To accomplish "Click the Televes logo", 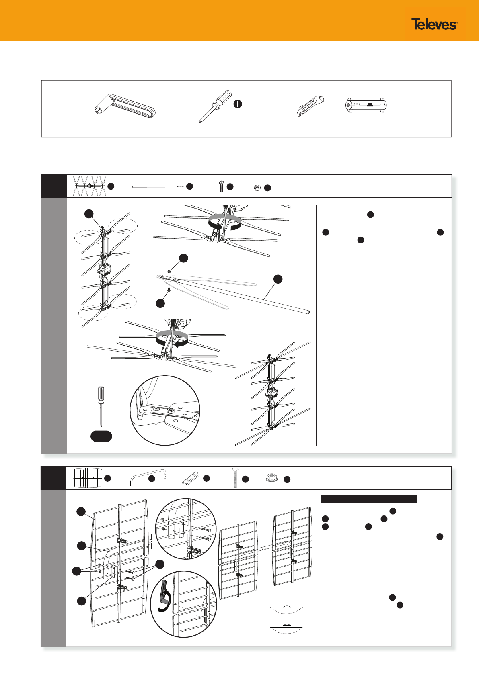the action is tap(434, 24).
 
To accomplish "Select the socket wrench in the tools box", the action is tap(125, 106).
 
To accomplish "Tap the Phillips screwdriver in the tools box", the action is tap(215, 106).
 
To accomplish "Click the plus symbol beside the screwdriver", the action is tap(238, 104).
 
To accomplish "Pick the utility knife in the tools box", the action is tap(310, 106).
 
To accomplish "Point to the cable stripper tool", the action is tap(366, 105).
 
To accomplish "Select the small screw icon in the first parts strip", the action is tap(221, 186).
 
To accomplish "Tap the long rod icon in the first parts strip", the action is tap(158, 187).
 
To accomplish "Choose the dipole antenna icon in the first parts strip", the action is tap(90, 186).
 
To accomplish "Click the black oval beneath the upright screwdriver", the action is tap(101, 436).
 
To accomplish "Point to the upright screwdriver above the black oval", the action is tap(101, 407).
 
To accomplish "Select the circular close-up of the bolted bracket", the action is tap(165, 410).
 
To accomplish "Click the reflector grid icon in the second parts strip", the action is tap(88, 478).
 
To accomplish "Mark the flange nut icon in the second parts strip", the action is tap(272, 478).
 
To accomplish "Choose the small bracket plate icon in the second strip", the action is tap(191, 478).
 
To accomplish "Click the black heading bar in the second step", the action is tap(369, 499).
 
